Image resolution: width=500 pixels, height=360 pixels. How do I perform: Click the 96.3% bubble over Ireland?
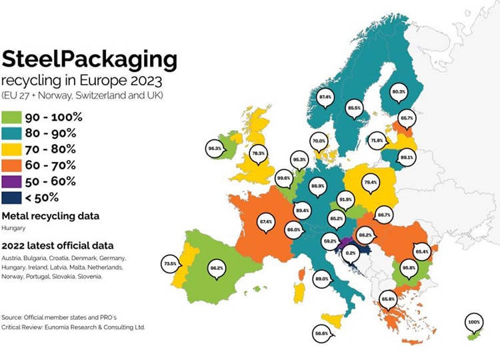tap(215, 149)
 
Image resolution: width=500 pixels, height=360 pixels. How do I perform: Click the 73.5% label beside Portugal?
tap(170, 264)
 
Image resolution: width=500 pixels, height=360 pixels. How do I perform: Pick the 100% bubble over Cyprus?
tap(474, 322)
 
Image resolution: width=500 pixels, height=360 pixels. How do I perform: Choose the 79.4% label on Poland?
tap(371, 181)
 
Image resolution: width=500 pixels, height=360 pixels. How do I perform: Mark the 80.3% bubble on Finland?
tap(399, 91)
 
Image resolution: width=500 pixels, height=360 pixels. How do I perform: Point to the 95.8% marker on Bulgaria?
tap(408, 267)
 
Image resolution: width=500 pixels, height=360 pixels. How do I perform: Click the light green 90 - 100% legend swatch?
tap(11, 117)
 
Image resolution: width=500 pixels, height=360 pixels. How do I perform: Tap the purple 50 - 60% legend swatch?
tap(11, 181)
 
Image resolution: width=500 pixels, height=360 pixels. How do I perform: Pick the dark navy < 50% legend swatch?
tap(11, 197)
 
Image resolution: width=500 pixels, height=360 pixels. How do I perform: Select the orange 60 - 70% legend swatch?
tap(11, 165)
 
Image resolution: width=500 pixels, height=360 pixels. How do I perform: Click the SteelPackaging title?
tap(89, 60)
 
